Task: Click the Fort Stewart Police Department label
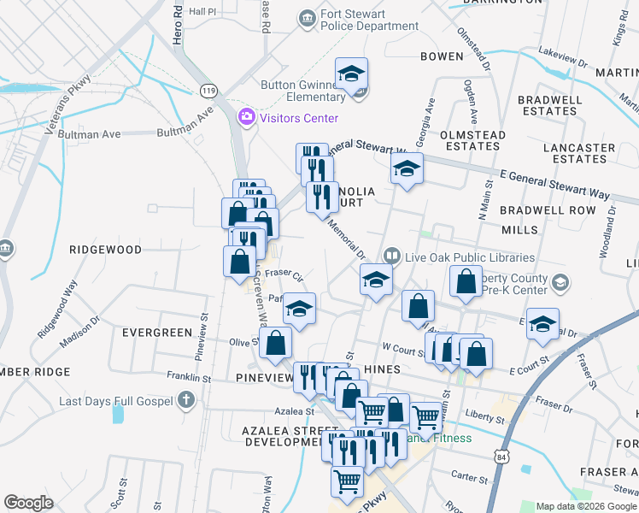pyautogui.click(x=369, y=21)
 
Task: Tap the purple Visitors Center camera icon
pyautogui.click(x=247, y=116)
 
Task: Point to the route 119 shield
pyautogui.click(x=208, y=90)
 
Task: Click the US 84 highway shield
pyautogui.click(x=501, y=458)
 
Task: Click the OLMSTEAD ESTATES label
pyautogui.click(x=472, y=140)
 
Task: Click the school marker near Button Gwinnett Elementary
pyautogui.click(x=350, y=75)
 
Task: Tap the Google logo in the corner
pyautogui.click(x=28, y=503)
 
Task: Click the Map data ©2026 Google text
pyautogui.click(x=586, y=506)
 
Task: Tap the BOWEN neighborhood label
pyautogui.click(x=442, y=56)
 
